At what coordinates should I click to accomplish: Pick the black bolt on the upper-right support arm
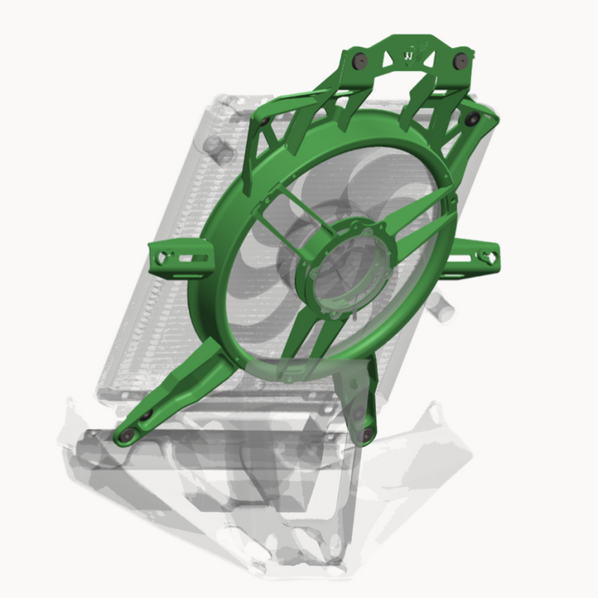tap(472, 118)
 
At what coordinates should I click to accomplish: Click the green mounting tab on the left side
tap(179, 256)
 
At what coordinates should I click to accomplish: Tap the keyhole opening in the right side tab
tap(490, 256)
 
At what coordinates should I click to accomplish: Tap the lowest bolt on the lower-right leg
tap(367, 434)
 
